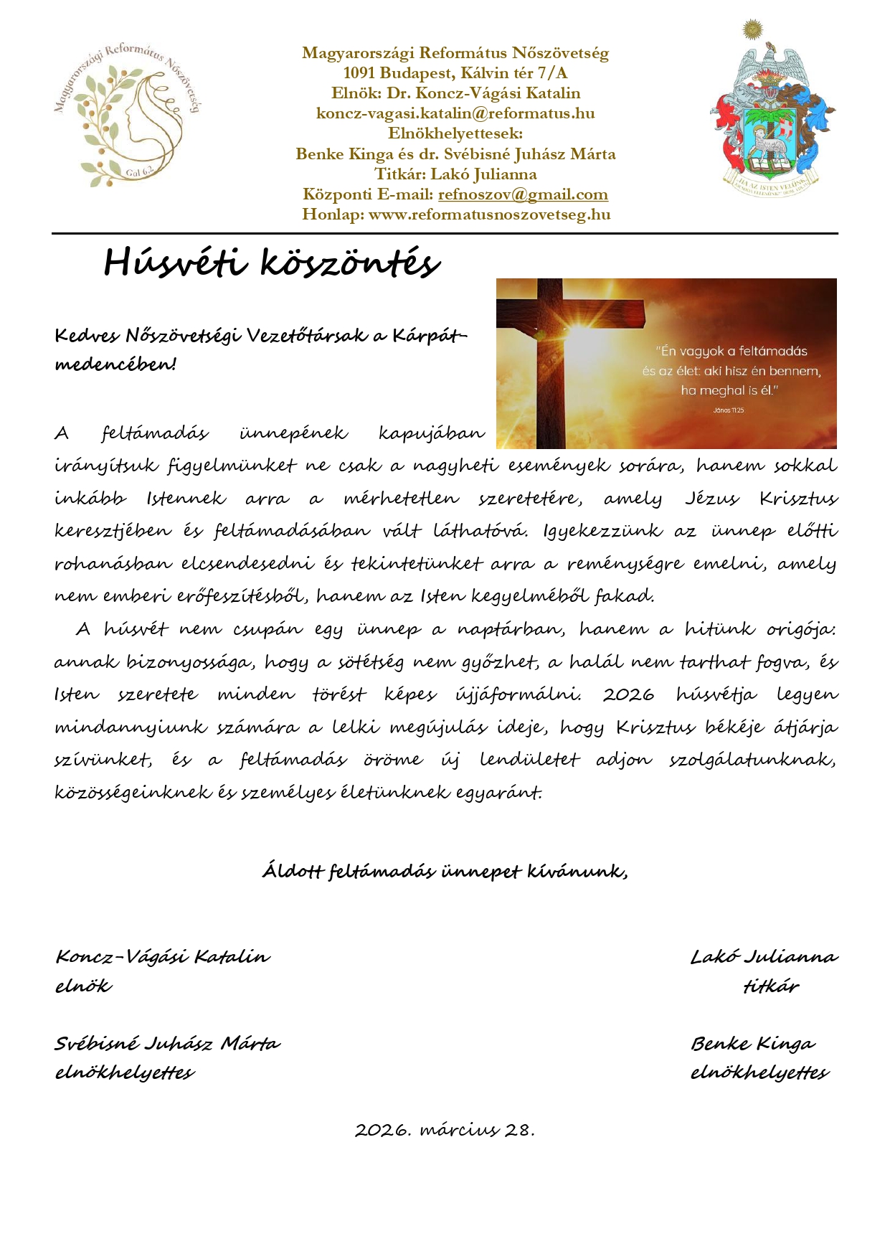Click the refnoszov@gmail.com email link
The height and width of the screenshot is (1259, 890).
(x=523, y=194)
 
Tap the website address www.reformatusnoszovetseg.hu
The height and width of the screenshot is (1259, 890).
(x=489, y=214)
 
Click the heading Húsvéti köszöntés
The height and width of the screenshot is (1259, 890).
(x=271, y=263)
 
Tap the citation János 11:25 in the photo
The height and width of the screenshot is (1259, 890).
(x=729, y=410)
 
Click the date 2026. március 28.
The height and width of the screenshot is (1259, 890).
(x=445, y=1130)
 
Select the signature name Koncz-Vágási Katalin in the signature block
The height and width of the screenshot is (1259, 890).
(x=163, y=956)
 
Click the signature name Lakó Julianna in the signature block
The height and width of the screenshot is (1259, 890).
(x=764, y=956)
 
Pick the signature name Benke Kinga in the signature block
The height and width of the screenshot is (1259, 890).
(x=753, y=1043)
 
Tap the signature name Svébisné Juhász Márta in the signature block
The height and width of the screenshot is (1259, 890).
(x=167, y=1043)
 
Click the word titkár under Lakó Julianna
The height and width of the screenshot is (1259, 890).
(x=771, y=986)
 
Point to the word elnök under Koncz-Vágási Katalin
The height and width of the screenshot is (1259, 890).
(x=83, y=986)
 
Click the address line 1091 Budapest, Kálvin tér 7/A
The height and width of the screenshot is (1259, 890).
(x=455, y=73)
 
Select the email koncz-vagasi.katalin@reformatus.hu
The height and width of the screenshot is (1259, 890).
(x=455, y=113)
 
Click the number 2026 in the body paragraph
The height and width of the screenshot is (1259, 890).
(x=628, y=694)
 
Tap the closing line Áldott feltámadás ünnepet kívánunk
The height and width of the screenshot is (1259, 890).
(x=445, y=871)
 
